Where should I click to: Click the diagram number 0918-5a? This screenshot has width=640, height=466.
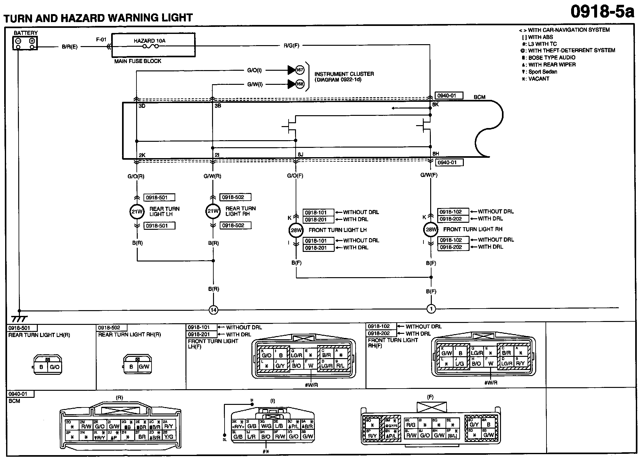click(602, 12)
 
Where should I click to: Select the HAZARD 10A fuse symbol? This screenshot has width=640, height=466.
click(150, 46)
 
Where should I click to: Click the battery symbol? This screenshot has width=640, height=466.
click(25, 43)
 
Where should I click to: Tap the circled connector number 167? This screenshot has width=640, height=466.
click(299, 70)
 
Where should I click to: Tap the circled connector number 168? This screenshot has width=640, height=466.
click(299, 84)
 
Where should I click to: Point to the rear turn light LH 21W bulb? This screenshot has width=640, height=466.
click(137, 212)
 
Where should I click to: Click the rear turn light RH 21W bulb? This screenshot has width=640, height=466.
click(213, 211)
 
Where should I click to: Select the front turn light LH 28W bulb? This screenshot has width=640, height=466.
click(296, 230)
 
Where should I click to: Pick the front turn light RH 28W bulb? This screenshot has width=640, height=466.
click(431, 229)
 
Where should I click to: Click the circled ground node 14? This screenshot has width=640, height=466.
click(213, 310)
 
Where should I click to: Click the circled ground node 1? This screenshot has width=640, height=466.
click(431, 309)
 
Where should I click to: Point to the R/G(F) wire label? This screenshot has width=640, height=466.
click(291, 46)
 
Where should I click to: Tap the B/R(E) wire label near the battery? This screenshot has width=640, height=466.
click(70, 47)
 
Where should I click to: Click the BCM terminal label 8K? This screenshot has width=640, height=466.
click(435, 105)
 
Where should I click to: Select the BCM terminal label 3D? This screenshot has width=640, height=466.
click(142, 106)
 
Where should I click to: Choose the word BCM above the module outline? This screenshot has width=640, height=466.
click(479, 97)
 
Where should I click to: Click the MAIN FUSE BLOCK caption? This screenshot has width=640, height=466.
click(138, 61)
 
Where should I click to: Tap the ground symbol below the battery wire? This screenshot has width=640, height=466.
click(19, 318)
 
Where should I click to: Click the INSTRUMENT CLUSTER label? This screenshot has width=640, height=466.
click(344, 74)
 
